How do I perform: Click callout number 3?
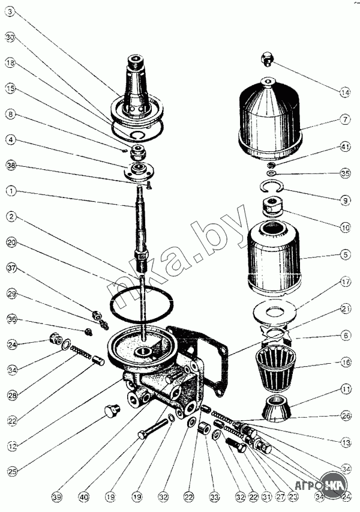tap(10, 11)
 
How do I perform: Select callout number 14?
tap(344, 92)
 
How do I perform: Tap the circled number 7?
tap(344, 119)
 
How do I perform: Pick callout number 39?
tap(56, 497)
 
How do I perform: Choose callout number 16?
tap(344, 363)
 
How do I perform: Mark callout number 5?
tap(344, 254)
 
